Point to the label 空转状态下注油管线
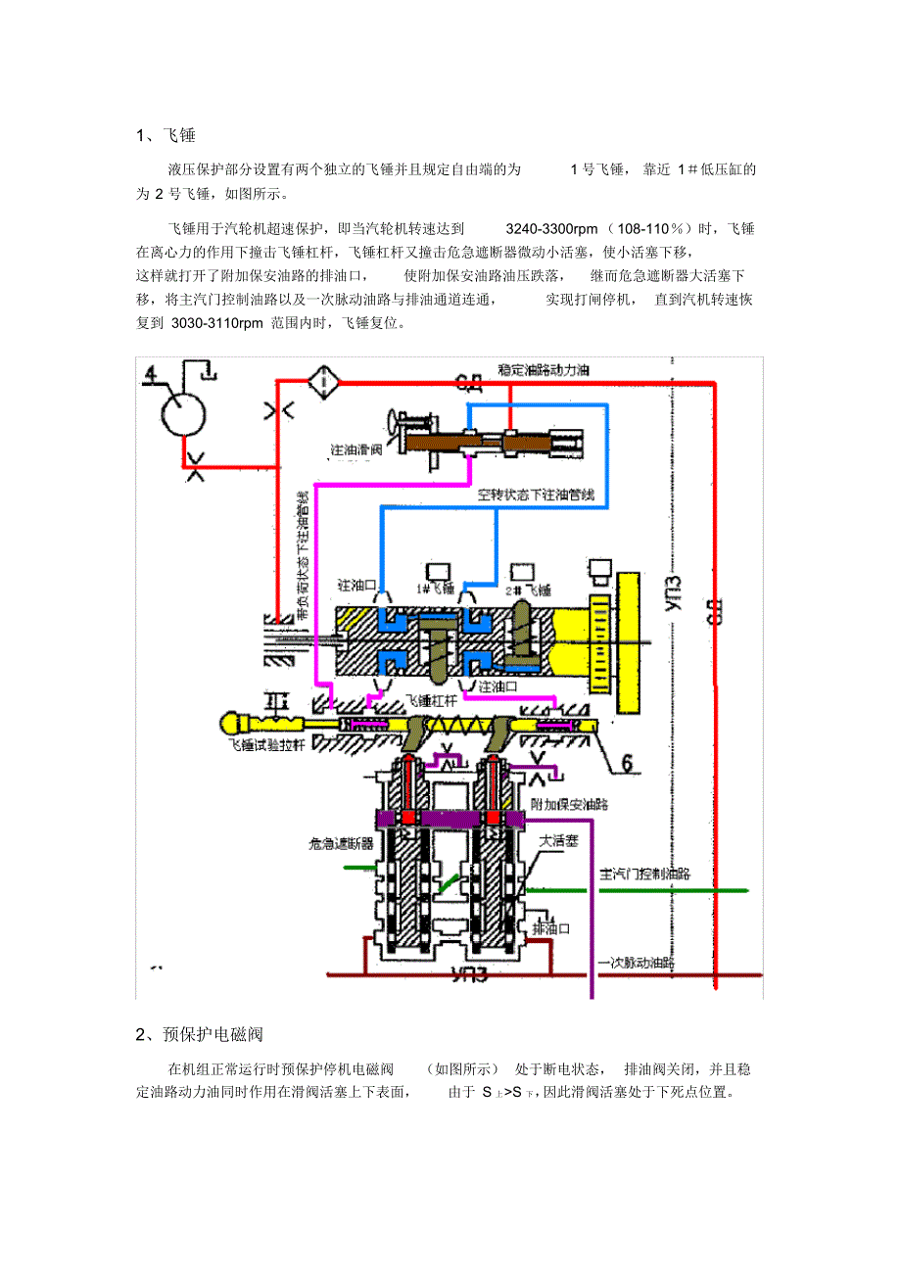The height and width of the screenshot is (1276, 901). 537,495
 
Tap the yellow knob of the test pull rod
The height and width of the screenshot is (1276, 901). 233,724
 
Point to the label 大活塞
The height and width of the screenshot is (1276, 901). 559,840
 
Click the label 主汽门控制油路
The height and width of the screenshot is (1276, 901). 644,874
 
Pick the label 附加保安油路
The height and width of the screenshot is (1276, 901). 568,803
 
